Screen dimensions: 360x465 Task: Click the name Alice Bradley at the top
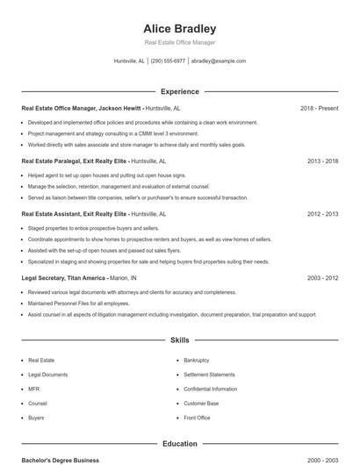click(179, 28)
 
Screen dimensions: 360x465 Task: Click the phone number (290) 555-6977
click(168, 61)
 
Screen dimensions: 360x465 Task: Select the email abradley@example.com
click(218, 61)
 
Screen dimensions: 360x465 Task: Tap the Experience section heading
click(179, 91)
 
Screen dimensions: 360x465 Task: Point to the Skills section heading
click(179, 340)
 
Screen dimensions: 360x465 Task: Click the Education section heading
click(179, 444)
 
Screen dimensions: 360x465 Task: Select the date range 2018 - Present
click(319, 109)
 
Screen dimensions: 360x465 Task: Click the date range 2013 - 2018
click(322, 161)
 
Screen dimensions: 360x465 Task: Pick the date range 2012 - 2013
click(322, 213)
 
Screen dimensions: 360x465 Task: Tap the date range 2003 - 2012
click(322, 277)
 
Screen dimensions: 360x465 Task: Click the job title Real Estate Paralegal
click(52, 161)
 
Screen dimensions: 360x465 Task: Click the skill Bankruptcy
click(197, 360)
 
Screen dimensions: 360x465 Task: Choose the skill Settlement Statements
click(209, 375)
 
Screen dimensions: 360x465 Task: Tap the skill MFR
click(34, 389)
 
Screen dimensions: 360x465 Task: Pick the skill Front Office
click(197, 418)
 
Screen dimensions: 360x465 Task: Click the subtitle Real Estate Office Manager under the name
click(179, 42)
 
